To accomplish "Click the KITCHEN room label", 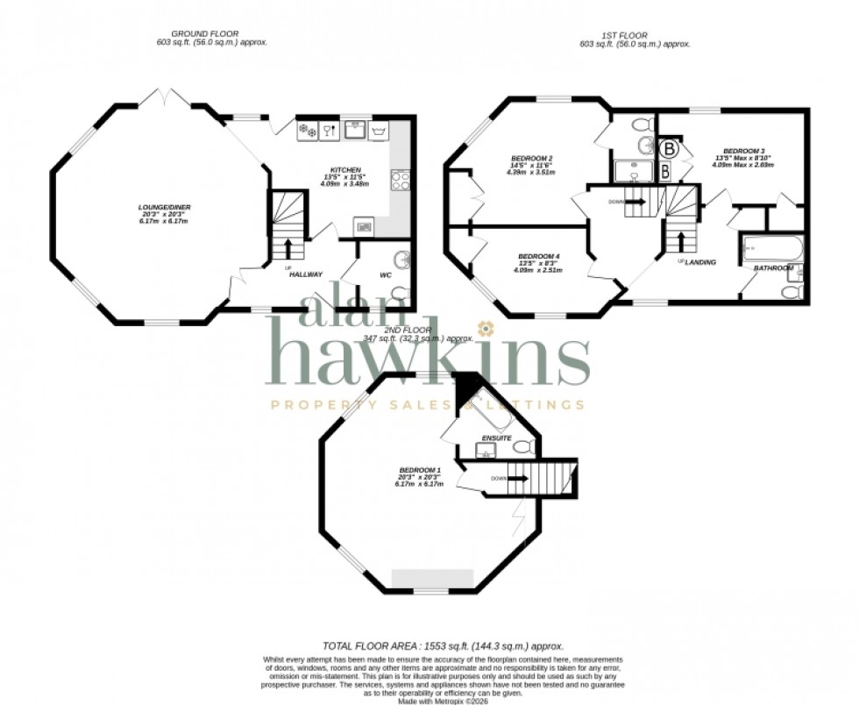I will click(x=340, y=169).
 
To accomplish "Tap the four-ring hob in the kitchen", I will click(x=401, y=181).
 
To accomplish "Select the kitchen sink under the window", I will click(x=355, y=131).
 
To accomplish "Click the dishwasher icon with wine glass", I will click(x=329, y=131).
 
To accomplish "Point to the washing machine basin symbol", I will click(x=380, y=131).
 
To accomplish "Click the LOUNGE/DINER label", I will click(x=165, y=207).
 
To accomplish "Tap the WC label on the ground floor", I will click(x=385, y=275).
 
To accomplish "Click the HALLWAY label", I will click(x=307, y=274).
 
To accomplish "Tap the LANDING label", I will click(x=700, y=262).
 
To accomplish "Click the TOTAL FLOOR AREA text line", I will click(x=442, y=645).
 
